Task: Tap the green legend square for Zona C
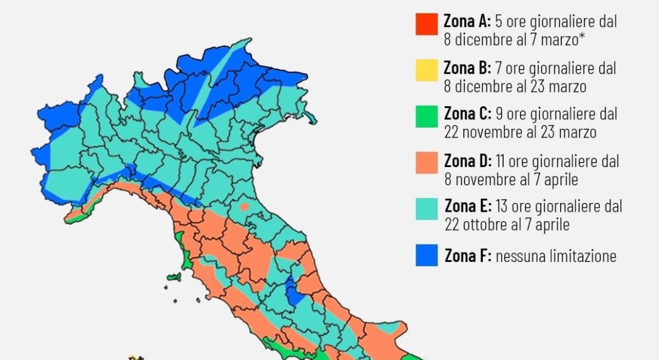click(426, 117)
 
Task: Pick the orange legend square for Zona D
click(426, 163)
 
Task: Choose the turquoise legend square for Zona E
click(426, 209)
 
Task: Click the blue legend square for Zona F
click(426, 255)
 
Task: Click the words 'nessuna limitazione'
click(556, 256)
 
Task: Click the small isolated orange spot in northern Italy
click(243, 207)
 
